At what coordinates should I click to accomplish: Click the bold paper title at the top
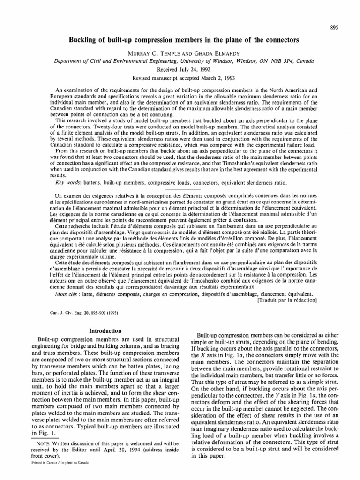[180, 41]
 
